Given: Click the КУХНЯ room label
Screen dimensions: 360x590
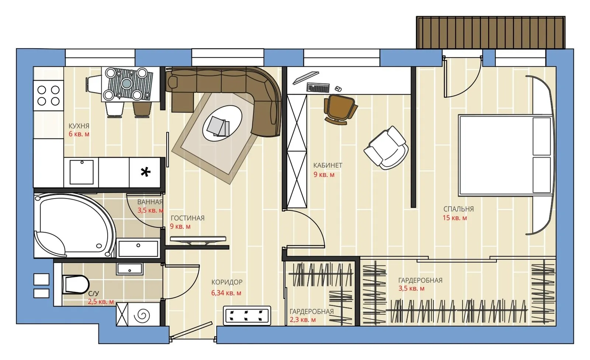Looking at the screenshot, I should click(x=79, y=126).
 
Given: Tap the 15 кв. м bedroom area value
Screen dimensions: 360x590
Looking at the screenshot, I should click(x=454, y=218).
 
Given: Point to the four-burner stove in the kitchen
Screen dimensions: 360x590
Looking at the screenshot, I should click(x=48, y=95).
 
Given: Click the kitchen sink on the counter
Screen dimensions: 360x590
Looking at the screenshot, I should click(x=81, y=172).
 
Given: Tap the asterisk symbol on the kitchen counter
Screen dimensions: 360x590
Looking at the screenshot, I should click(x=146, y=172).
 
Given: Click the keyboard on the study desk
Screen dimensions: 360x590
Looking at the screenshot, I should click(x=317, y=88).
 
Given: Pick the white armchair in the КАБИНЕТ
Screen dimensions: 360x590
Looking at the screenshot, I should click(x=386, y=148).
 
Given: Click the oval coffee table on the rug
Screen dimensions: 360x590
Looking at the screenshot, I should click(x=222, y=123).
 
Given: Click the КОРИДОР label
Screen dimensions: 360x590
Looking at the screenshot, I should click(x=227, y=282).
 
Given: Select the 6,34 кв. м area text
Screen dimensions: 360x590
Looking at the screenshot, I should click(x=226, y=293).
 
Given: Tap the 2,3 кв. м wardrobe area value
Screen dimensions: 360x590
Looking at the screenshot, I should click(x=302, y=320).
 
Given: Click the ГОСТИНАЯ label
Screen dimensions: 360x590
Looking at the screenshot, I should click(x=187, y=218).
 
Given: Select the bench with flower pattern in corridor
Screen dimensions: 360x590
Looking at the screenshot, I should click(x=247, y=315).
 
